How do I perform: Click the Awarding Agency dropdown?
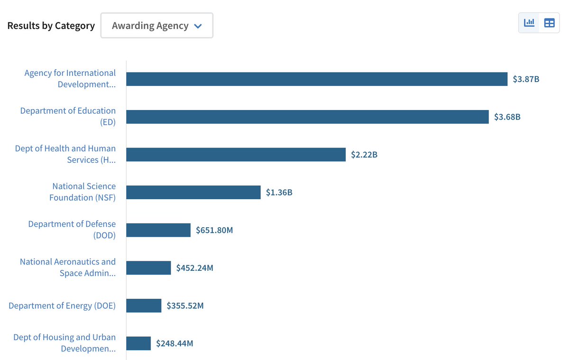[156, 26]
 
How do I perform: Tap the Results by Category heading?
[51, 26]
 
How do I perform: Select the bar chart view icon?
[529, 23]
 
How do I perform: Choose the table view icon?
[549, 23]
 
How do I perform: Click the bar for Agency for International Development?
[317, 79]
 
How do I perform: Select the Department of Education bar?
[307, 117]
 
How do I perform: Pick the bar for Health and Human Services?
[236, 155]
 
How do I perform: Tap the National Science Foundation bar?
[193, 192]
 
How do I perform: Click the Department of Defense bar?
[158, 230]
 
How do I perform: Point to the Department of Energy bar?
[144, 305]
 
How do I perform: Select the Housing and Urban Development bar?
[138, 343]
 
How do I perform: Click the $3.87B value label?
[526, 79]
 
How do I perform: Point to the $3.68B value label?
[507, 117]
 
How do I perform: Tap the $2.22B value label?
[364, 155]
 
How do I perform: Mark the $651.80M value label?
[214, 230]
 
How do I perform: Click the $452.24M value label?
[194, 268]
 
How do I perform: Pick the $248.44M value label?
[174, 343]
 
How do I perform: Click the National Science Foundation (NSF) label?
[83, 192]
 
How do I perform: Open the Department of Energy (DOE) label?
[62, 305]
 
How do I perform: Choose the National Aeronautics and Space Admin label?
[68, 268]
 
